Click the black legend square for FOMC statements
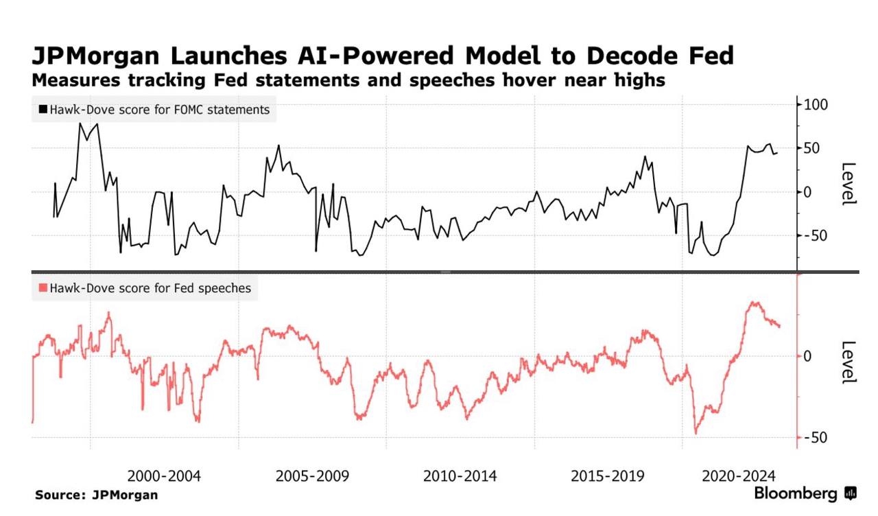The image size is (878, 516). pyautogui.click(x=43, y=109)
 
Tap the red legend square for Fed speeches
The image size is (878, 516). pyautogui.click(x=43, y=289)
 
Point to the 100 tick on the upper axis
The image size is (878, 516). pyautogui.click(x=817, y=104)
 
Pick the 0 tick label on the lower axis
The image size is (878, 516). pyautogui.click(x=807, y=355)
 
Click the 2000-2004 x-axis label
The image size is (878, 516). pyautogui.click(x=165, y=476)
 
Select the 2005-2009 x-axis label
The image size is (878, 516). pyautogui.click(x=312, y=476)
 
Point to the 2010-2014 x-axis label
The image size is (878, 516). pyautogui.click(x=460, y=476)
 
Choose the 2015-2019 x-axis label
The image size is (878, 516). pyautogui.click(x=608, y=476)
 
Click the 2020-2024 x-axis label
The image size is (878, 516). pyautogui.click(x=739, y=476)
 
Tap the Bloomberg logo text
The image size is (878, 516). pyautogui.click(x=796, y=493)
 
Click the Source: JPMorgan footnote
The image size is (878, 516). pyautogui.click(x=97, y=495)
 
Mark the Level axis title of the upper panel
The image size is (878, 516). pyautogui.click(x=849, y=183)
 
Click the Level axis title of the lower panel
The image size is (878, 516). pyautogui.click(x=849, y=362)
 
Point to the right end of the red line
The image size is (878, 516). pyautogui.click(x=779, y=326)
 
